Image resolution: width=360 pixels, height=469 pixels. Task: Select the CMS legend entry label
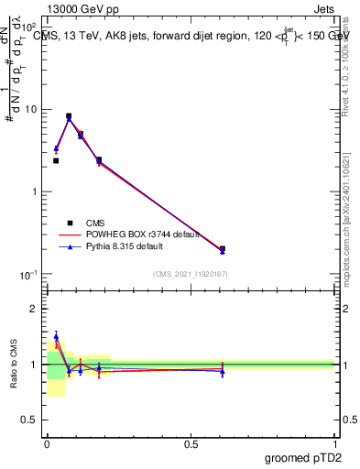[x=95, y=222]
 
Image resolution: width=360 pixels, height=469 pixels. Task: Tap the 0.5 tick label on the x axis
[x=191, y=443]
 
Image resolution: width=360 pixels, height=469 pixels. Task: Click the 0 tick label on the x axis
[x=47, y=443]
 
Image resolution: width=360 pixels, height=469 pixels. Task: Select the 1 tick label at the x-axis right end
[x=335, y=443]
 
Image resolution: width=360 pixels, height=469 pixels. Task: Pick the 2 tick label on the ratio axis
[x=35, y=309]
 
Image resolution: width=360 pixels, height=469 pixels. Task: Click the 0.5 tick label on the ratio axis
[x=31, y=421]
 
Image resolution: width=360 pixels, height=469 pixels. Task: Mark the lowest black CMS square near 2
[x=56, y=160]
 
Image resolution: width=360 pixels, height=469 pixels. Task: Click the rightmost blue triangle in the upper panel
[x=223, y=250]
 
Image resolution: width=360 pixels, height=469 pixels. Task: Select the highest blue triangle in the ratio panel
[x=56, y=336]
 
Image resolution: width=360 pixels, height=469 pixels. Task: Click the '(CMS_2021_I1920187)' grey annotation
[x=191, y=274]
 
